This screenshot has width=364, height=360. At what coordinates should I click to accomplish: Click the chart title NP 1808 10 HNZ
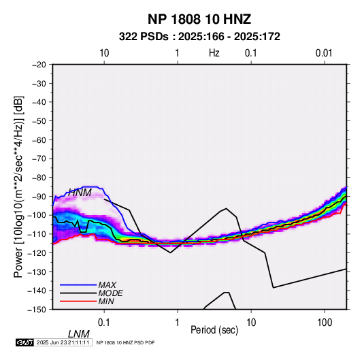[x=199, y=19]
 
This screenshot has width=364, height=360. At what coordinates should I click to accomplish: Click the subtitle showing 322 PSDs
[x=199, y=37]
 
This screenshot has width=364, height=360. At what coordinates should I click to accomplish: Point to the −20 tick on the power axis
[x=39, y=65]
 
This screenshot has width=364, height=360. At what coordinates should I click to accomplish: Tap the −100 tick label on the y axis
[x=37, y=215]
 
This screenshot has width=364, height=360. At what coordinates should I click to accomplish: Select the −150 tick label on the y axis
[x=37, y=310]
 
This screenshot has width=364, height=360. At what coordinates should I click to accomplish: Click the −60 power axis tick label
[x=39, y=140]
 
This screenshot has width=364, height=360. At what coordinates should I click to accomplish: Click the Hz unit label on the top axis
[x=214, y=53]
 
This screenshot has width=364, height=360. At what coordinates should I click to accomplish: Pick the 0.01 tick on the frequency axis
[x=324, y=53]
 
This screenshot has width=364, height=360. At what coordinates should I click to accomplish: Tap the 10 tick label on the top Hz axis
[x=104, y=53]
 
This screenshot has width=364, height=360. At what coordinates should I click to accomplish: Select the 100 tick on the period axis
[x=325, y=323]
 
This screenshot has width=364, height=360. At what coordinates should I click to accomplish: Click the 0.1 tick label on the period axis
[x=104, y=323]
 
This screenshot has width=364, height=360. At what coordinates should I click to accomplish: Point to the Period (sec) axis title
[x=214, y=330]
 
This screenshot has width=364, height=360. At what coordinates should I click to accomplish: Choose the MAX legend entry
[x=107, y=284]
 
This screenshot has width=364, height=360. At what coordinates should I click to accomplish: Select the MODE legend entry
[x=110, y=293]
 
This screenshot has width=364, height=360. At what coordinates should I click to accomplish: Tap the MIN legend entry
[x=106, y=301]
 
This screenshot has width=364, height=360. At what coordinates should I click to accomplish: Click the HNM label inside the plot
[x=80, y=193]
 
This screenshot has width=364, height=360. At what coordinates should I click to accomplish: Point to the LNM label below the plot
[x=79, y=334]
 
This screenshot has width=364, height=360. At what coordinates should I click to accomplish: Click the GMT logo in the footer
[x=24, y=342]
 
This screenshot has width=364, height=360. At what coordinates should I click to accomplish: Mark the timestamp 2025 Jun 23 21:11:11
[x=63, y=342]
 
